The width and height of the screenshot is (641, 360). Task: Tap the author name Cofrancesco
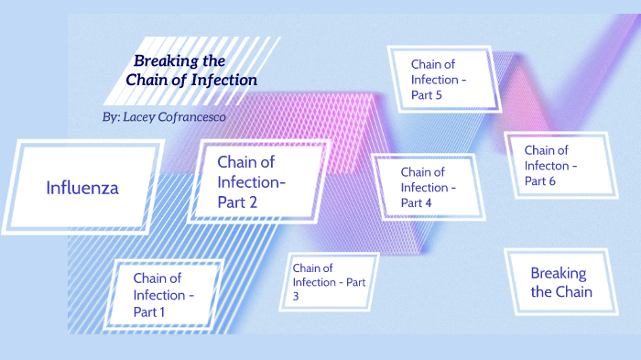[x=187, y=117]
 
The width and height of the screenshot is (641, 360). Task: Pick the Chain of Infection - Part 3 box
[x=330, y=282]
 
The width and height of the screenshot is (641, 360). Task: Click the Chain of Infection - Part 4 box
[x=428, y=187]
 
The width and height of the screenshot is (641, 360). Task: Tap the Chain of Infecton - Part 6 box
[x=559, y=166]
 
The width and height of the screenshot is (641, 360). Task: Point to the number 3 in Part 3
[x=297, y=297]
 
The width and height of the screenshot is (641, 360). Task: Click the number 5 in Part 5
[x=441, y=96]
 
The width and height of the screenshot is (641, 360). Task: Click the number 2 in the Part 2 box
[x=251, y=202]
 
